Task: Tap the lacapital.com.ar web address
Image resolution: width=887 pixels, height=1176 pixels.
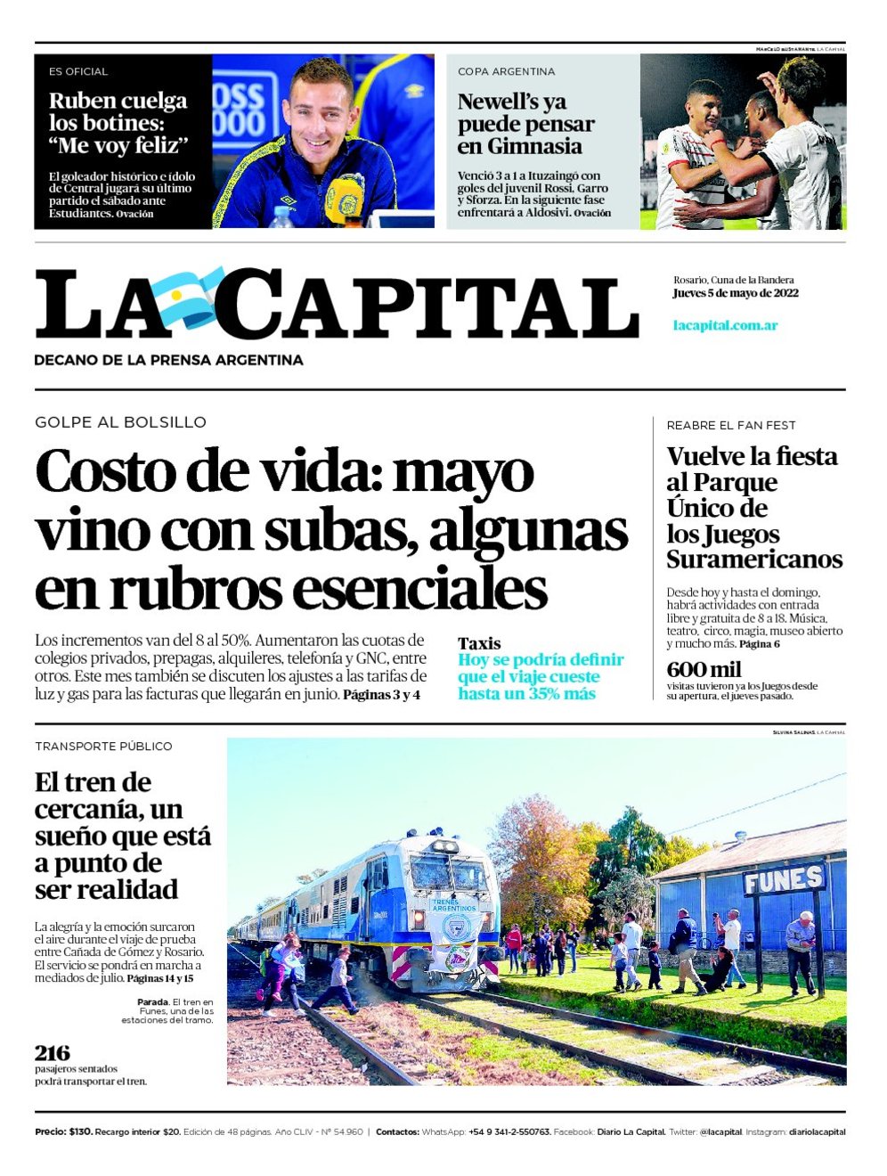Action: (x=725, y=325)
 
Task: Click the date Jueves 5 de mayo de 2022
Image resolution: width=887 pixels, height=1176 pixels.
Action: (x=735, y=293)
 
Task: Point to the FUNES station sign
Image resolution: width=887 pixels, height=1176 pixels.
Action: (x=784, y=880)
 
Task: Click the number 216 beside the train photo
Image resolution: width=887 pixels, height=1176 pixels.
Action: (x=52, y=1052)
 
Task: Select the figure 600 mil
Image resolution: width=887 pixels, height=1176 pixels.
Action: (x=704, y=669)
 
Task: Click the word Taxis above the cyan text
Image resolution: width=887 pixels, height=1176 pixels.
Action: (x=479, y=643)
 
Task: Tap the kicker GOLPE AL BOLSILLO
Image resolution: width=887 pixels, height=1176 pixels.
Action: (x=120, y=422)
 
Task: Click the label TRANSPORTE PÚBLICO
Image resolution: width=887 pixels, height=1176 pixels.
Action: (x=103, y=747)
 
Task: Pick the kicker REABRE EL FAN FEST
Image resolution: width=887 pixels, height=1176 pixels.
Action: (x=731, y=425)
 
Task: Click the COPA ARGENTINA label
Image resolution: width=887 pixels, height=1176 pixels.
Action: (x=506, y=71)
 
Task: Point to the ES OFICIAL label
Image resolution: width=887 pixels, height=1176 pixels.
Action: (x=78, y=71)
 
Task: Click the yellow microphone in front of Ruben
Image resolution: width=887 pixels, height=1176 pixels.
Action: (x=344, y=197)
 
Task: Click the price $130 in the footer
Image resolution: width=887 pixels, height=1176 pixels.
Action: (x=79, y=1131)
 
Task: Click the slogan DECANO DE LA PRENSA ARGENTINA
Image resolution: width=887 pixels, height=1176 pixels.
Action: (x=168, y=360)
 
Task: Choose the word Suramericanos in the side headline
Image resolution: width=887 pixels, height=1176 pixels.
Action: (x=754, y=559)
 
